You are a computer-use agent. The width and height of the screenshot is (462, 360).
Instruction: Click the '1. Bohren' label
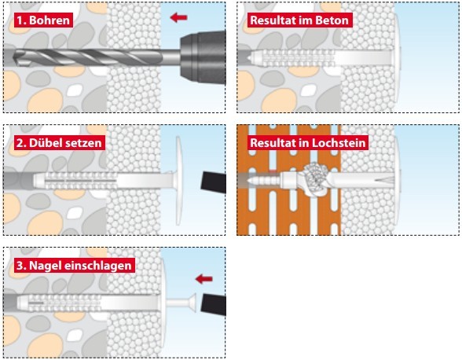point(43,20)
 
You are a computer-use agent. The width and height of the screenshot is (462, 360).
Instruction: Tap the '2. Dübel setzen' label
point(59,143)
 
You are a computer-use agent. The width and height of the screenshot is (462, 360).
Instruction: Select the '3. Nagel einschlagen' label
point(74,266)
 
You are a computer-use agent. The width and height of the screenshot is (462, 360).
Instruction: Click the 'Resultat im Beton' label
point(299,20)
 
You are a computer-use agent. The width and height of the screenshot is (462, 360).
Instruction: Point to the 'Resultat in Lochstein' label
point(308,143)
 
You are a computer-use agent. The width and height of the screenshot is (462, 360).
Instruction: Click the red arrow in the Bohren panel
point(178,17)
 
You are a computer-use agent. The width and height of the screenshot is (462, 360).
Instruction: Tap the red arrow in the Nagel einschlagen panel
point(204,278)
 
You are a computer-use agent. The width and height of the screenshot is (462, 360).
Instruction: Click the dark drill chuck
point(203,58)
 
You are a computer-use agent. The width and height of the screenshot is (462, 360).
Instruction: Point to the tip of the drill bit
point(16,57)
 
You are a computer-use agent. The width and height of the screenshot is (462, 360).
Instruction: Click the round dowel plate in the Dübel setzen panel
point(178,181)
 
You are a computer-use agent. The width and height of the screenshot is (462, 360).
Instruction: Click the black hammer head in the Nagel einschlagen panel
point(214,304)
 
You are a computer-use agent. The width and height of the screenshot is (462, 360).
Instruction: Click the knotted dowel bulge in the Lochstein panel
point(316,180)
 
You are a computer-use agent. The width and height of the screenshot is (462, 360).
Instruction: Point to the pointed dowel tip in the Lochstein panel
point(250,180)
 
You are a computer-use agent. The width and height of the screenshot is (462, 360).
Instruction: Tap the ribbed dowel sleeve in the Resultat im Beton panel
point(299,58)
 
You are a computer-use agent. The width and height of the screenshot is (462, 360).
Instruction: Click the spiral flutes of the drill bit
point(88,57)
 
